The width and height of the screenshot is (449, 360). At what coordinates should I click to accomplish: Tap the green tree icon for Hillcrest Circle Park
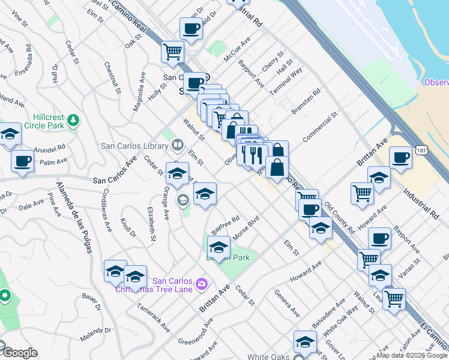point(73,120)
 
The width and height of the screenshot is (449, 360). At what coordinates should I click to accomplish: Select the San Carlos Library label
point(134,145)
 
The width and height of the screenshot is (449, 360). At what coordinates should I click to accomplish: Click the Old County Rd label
point(339,218)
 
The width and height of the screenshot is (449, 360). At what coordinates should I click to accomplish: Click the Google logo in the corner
point(19,353)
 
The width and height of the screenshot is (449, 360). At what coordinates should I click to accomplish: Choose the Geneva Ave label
point(286,303)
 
